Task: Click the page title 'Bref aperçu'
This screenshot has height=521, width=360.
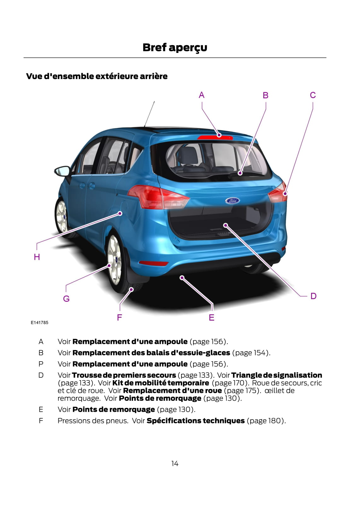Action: tap(175, 48)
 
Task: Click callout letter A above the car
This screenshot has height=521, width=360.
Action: tap(201, 95)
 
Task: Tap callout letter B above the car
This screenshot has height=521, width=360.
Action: tap(265, 95)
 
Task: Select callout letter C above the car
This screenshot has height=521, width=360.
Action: tap(313, 95)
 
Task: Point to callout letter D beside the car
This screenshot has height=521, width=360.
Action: tap(313, 296)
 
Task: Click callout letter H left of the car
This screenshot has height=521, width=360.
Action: tap(37, 257)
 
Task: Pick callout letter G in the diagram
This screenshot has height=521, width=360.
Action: tap(66, 299)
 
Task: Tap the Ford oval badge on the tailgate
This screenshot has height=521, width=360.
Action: tap(232, 200)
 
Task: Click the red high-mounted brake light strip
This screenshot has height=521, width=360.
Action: tap(215, 137)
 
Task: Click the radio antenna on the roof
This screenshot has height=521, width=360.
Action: tap(149, 114)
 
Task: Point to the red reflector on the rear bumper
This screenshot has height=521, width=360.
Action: tap(154, 263)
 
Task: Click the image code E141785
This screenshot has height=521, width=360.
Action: tap(39, 323)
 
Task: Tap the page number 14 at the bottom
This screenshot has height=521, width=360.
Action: tap(175, 464)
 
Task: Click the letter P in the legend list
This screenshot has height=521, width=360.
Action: tap(41, 364)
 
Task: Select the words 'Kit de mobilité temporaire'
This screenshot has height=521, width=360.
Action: tap(160, 383)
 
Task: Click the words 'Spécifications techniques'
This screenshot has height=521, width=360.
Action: tap(195, 421)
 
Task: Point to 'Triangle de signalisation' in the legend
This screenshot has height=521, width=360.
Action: tap(277, 375)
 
